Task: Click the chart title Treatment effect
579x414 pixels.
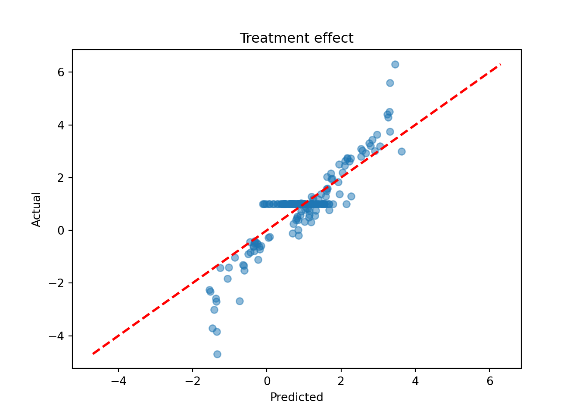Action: pyautogui.click(x=296, y=38)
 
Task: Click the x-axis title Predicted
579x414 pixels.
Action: pyautogui.click(x=296, y=397)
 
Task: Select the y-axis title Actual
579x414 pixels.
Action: pyautogui.click(x=37, y=209)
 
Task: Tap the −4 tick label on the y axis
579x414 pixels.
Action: pyautogui.click(x=56, y=336)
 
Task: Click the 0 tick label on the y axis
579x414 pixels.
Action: pyautogui.click(x=61, y=230)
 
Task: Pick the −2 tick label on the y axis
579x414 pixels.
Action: pyautogui.click(x=56, y=283)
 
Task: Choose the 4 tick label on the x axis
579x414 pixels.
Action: pyautogui.click(x=415, y=381)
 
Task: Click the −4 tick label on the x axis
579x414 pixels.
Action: pyautogui.click(x=118, y=381)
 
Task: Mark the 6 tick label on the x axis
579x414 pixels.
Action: pyautogui.click(x=489, y=381)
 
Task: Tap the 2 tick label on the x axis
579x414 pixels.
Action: pyautogui.click(x=341, y=381)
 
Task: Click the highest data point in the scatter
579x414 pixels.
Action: pyautogui.click(x=395, y=64)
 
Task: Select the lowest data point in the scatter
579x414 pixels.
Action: pyautogui.click(x=217, y=354)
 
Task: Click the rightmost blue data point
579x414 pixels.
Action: pyautogui.click(x=402, y=151)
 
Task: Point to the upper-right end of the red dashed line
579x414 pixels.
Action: pyautogui.click(x=500, y=65)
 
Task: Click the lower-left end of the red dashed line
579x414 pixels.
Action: pyautogui.click(x=93, y=354)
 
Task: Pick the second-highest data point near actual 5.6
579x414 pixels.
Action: pyautogui.click(x=390, y=83)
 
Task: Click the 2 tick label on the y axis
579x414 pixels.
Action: pyautogui.click(x=61, y=178)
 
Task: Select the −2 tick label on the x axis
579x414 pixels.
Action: pyautogui.click(x=192, y=381)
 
